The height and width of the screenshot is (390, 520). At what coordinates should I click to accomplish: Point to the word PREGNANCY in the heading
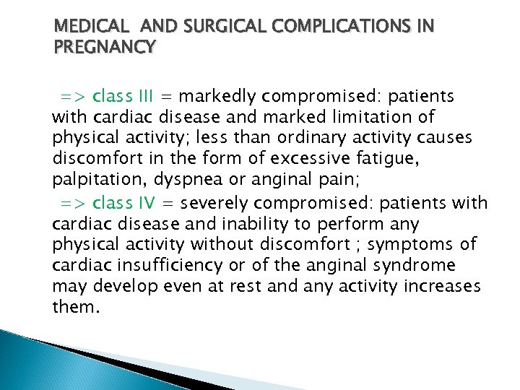pyautogui.click(x=105, y=47)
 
